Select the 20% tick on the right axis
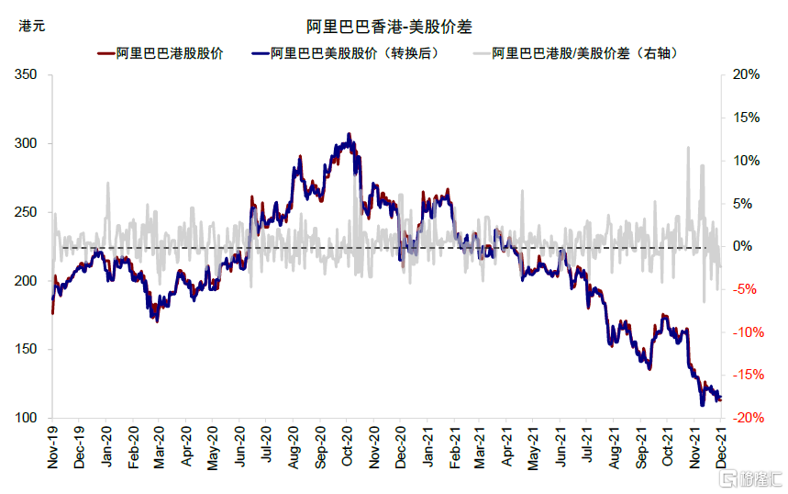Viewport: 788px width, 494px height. click(x=746, y=75)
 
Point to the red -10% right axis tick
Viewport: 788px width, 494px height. click(x=744, y=332)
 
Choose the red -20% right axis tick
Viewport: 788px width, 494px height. click(x=744, y=419)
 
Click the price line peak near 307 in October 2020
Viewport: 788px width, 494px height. click(x=349, y=134)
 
